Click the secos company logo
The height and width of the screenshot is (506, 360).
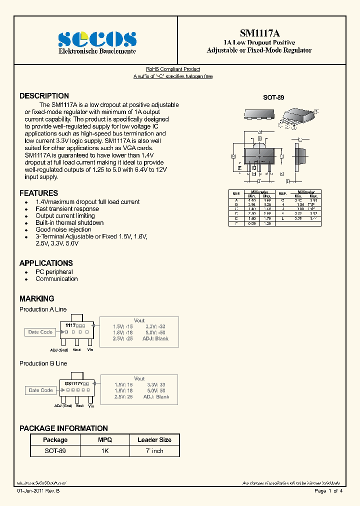[97, 39]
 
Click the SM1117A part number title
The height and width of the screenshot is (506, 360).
[259, 33]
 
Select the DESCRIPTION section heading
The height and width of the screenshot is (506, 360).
[44, 96]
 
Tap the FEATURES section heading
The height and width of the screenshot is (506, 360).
[38, 193]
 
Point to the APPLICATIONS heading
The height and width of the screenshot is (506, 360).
[46, 263]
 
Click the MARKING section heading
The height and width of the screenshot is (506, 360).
[36, 298]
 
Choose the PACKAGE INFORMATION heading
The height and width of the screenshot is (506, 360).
[63, 428]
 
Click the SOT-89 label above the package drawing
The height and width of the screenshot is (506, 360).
[273, 98]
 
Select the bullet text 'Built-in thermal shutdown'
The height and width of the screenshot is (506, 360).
[69, 223]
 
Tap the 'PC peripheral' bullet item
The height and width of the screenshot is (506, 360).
[54, 272]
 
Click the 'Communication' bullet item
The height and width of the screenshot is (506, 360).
[56, 279]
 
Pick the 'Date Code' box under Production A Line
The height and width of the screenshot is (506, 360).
[40, 332]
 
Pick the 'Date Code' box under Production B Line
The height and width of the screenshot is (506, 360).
[40, 390]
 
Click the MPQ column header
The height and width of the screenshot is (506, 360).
[105, 440]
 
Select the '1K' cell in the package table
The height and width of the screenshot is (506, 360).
[105, 451]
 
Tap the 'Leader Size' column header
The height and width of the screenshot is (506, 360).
[154, 440]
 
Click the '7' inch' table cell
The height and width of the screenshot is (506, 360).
[154, 451]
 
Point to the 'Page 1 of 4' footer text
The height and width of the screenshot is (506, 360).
[328, 491]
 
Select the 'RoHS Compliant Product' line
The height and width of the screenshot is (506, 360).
[173, 69]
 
